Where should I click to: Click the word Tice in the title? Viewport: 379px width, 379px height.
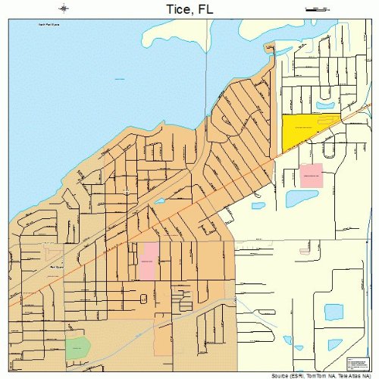coord(176,10)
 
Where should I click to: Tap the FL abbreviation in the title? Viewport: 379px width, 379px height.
coord(204,10)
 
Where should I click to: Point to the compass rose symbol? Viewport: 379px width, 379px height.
coord(65,9)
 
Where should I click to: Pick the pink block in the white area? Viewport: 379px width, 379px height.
coord(312,176)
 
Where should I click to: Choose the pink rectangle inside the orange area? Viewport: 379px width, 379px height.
coord(147,262)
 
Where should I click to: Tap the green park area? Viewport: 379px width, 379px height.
coord(77,348)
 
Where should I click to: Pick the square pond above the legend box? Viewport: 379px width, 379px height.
coord(334,312)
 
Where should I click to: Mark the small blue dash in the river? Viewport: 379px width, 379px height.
coord(121,78)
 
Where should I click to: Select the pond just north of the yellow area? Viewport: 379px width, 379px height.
coord(326,105)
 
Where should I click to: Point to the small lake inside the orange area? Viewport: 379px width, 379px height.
coord(160,201)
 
